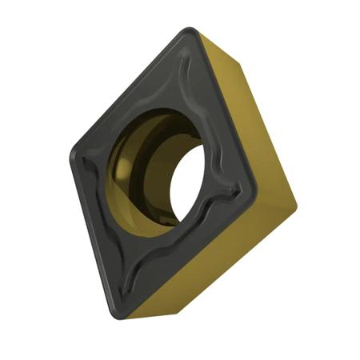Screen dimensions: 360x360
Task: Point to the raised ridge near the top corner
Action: pyautogui.click(x=186, y=56)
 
